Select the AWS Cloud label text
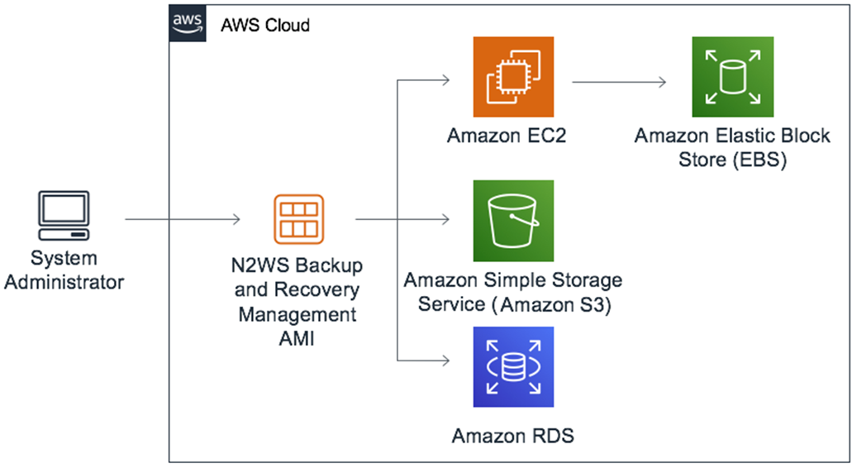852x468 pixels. (x=264, y=25)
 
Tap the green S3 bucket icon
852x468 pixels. (x=512, y=220)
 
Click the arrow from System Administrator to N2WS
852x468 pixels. (x=182, y=219)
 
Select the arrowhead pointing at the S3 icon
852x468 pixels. (x=445, y=219)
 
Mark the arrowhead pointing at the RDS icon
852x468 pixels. (x=445, y=361)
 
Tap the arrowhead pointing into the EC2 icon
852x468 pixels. (x=445, y=81)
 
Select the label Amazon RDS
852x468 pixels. (x=512, y=435)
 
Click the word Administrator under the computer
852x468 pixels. (x=64, y=282)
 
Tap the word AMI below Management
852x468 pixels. (x=297, y=337)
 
